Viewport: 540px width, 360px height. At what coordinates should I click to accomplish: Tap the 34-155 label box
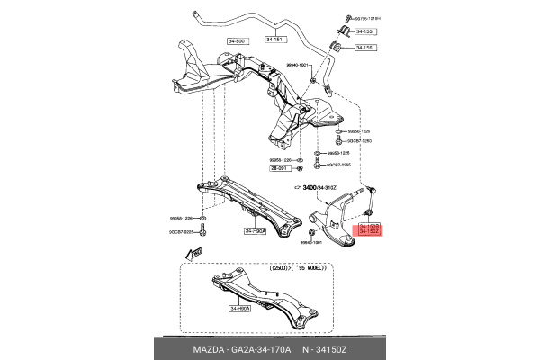(365, 30)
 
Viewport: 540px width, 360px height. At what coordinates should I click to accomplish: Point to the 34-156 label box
(365, 48)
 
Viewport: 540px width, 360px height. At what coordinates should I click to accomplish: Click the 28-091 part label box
(281, 168)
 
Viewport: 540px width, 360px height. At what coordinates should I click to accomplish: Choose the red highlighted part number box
(370, 229)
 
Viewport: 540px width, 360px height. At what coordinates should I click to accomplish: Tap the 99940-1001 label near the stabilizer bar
(298, 65)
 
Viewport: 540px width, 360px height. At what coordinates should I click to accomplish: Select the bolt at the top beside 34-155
(345, 17)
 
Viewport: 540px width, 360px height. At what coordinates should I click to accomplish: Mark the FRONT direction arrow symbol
(191, 256)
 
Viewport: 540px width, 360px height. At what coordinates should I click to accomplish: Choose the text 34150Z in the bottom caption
(336, 350)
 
